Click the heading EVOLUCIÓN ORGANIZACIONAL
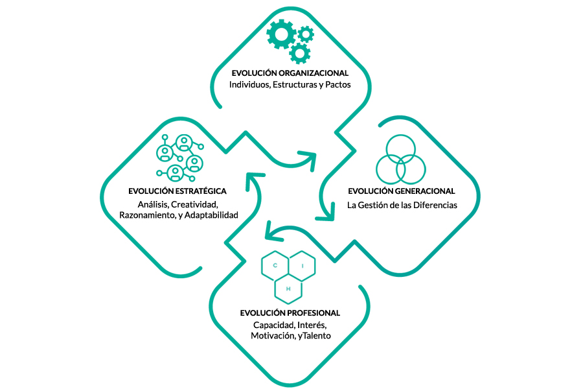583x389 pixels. point(290,73)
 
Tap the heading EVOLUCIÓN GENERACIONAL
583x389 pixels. point(401,191)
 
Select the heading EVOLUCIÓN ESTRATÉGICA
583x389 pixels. point(177,191)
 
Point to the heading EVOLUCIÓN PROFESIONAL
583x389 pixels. point(290,313)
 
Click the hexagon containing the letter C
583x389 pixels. point(274,266)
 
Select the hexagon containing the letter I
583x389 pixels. point(301,266)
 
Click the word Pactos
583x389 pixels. point(336,85)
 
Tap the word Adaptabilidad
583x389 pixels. point(211,215)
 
